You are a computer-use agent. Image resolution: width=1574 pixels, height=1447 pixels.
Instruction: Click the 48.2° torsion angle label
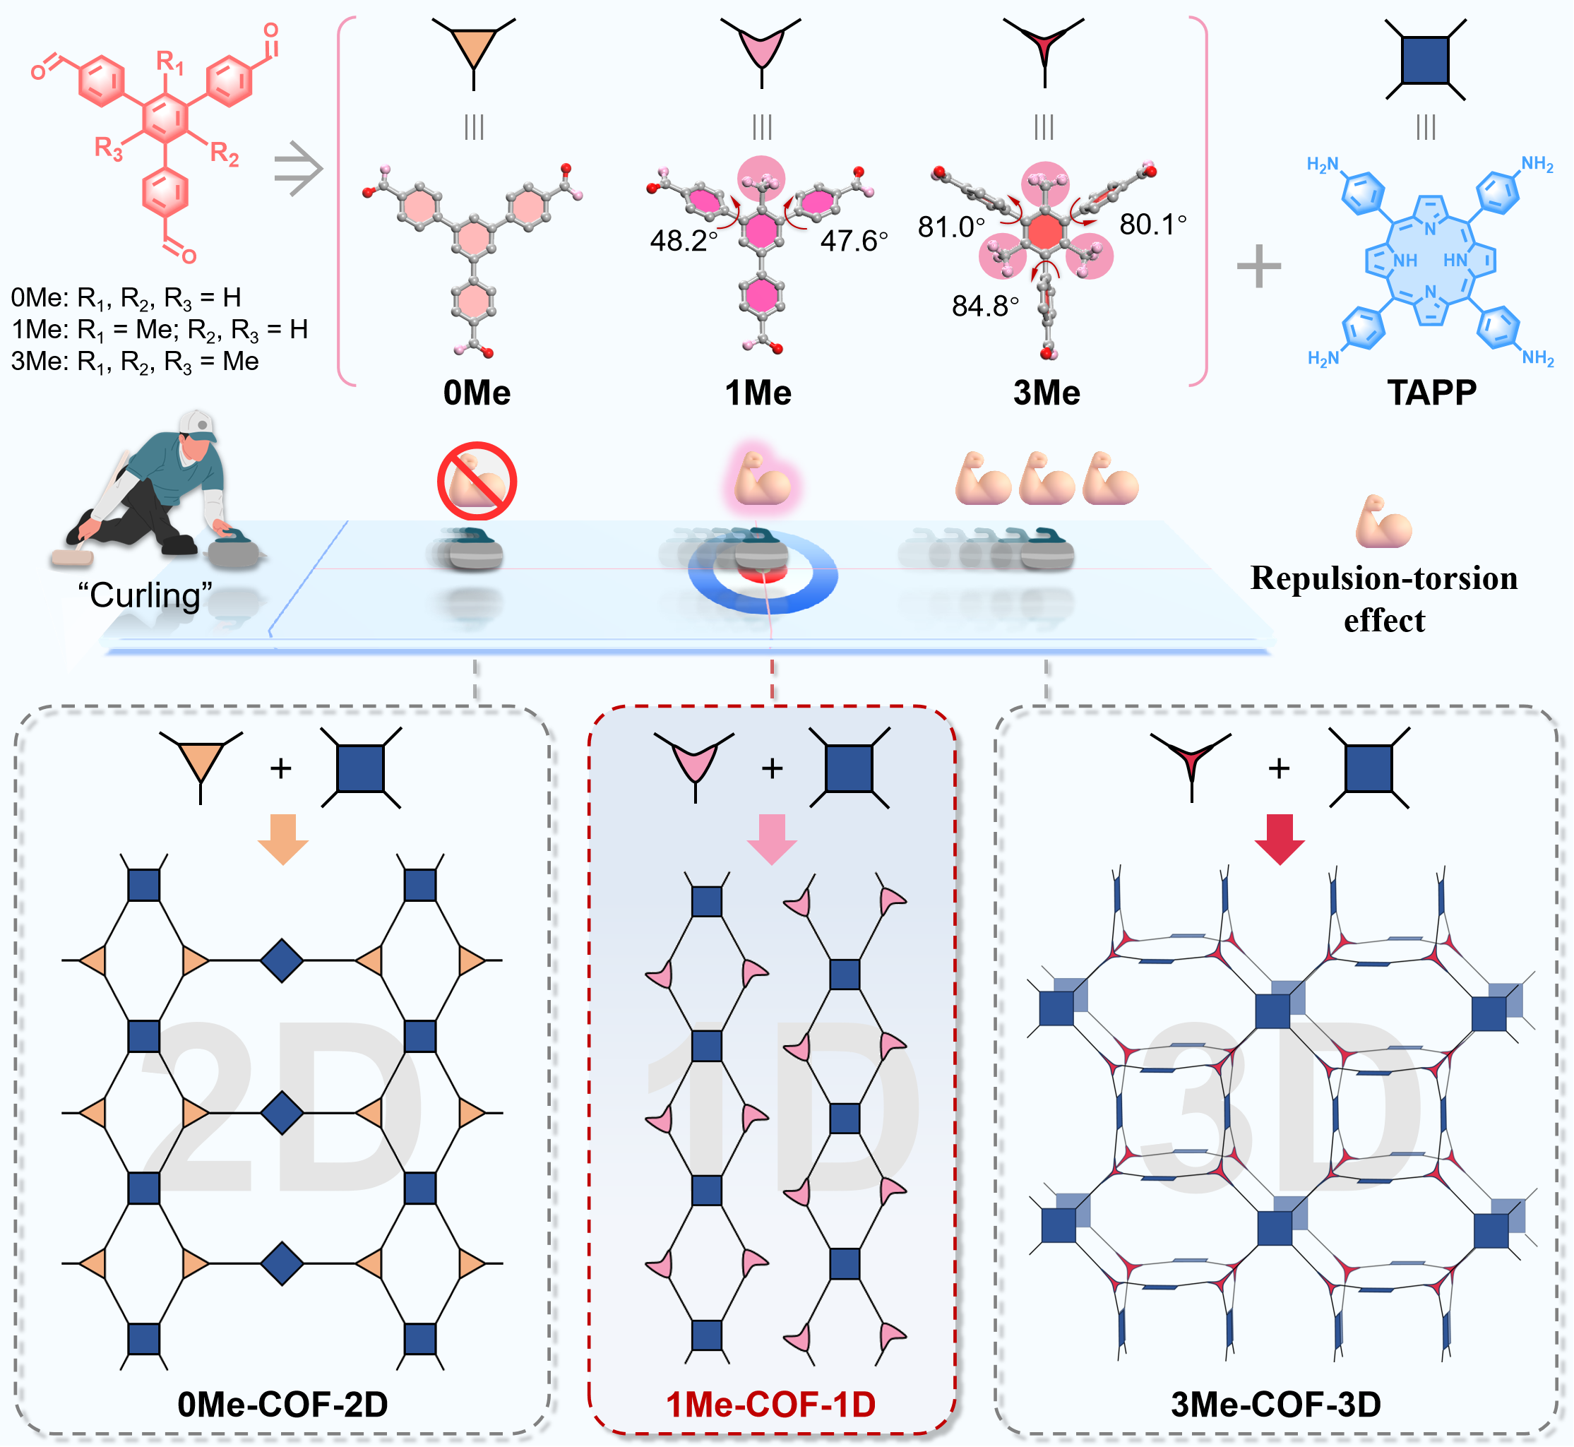tap(683, 240)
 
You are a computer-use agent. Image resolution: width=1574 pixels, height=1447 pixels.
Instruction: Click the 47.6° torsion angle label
tap(854, 240)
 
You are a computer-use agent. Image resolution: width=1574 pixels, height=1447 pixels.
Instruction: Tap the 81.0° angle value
tap(950, 227)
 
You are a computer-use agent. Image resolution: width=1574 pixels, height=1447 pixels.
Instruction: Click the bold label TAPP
tap(1431, 392)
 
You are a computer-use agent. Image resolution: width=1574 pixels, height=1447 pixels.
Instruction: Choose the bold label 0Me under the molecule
tap(476, 392)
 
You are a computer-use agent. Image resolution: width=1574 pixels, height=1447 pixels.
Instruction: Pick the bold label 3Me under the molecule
tap(1047, 392)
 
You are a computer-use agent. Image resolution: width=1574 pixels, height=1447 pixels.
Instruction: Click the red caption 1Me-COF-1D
tap(770, 1404)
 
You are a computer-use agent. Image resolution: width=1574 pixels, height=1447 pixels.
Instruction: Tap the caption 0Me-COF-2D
tap(282, 1404)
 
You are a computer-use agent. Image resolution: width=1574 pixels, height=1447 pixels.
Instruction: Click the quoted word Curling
tap(145, 596)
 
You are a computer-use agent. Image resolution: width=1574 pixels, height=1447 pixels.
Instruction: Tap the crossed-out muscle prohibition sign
tap(477, 481)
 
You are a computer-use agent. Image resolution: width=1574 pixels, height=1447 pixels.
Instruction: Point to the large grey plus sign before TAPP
tap(1258, 266)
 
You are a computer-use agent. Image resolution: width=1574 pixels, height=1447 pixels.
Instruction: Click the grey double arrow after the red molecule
tap(299, 168)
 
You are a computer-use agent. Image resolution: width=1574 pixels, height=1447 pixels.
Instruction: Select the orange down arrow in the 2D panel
tap(282, 838)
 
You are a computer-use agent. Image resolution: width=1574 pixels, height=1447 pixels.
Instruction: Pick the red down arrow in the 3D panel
tap(1280, 838)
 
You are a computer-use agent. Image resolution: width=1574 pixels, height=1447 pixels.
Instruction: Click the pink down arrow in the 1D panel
tap(771, 838)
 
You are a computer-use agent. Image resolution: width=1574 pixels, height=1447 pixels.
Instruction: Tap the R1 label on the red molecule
tap(170, 62)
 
